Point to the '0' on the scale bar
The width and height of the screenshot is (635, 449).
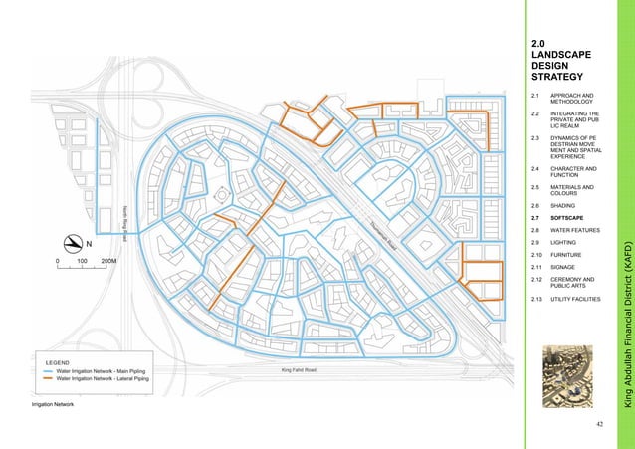point(58,260)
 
